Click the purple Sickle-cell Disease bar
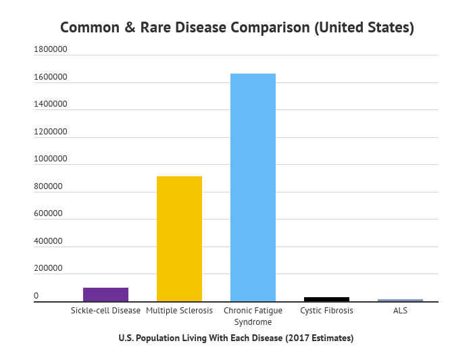pos(105,294)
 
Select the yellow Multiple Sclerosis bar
pos(179,238)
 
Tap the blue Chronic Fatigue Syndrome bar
pos(253,187)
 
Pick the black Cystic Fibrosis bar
pos(326,299)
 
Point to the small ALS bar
pos(400,300)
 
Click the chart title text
pos(236,28)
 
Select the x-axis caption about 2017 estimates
pos(236,338)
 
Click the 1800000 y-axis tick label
pos(51,50)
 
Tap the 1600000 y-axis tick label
pos(51,78)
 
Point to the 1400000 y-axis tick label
pos(51,105)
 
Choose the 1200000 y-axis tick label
pos(51,132)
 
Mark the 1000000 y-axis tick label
pos(51,159)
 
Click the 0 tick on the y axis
pos(36,296)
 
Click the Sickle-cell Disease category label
pos(105,311)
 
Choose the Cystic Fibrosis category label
pos(326,311)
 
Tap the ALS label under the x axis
pos(400,311)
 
